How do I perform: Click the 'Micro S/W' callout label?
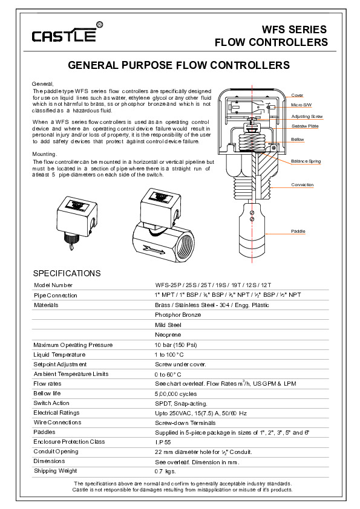[x=301, y=105]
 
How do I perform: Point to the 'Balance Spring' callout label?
[x=306, y=161]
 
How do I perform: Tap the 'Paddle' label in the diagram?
[x=298, y=231]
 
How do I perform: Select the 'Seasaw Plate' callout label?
[x=305, y=126]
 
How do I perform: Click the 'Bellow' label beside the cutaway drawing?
[x=297, y=139]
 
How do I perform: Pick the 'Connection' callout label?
[x=302, y=185]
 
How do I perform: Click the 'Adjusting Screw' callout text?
[x=307, y=116]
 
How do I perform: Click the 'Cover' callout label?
[x=297, y=95]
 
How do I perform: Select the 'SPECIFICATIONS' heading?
[x=67, y=273]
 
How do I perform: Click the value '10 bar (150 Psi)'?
[x=176, y=345]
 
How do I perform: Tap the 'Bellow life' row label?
[x=47, y=394]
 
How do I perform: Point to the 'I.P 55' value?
[x=163, y=442]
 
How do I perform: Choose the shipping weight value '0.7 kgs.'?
[x=165, y=472]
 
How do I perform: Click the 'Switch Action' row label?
[x=51, y=403]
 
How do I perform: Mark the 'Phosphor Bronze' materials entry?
[x=178, y=315]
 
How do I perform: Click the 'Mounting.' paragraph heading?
[x=45, y=154]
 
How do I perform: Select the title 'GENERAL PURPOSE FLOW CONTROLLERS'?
[x=178, y=65]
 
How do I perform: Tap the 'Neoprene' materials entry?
[x=168, y=335]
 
